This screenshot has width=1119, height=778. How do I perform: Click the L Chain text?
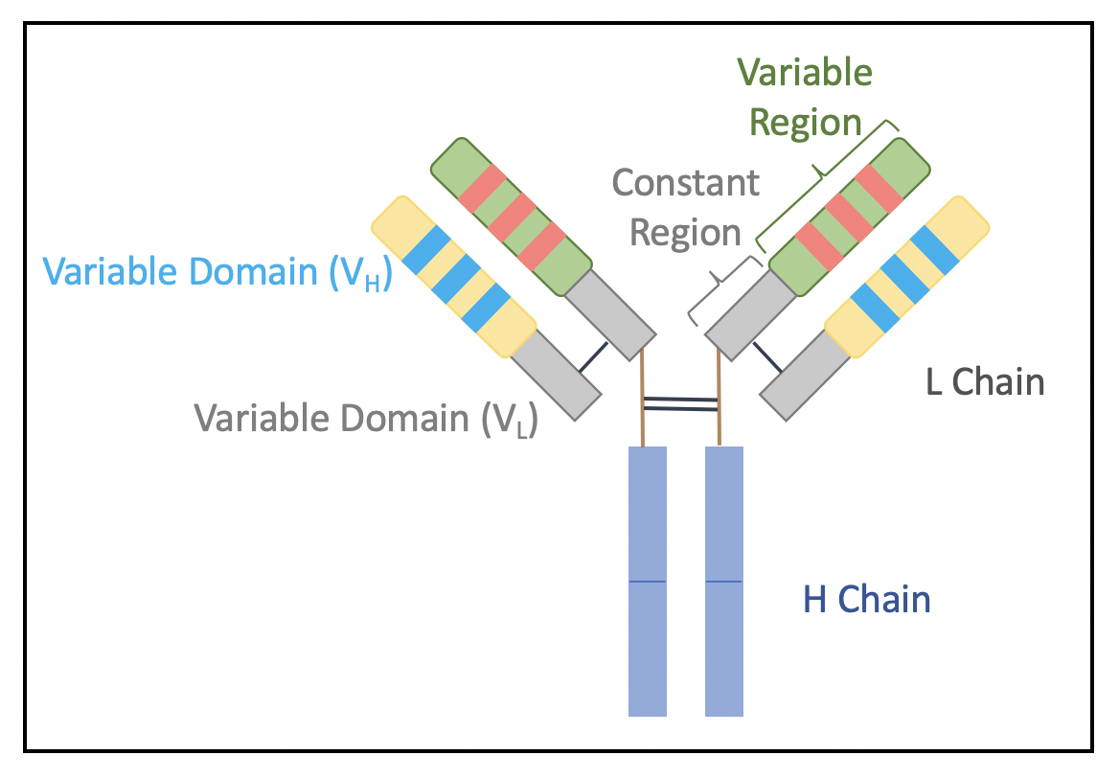[x=984, y=381]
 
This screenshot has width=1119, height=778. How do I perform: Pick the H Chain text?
[x=866, y=600]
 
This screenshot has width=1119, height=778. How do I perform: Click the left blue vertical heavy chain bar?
[x=647, y=581]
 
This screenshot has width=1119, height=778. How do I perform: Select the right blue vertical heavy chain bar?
[x=723, y=581]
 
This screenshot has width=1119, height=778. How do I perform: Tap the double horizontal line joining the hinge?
[x=681, y=403]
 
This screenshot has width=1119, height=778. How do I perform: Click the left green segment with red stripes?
[x=510, y=217]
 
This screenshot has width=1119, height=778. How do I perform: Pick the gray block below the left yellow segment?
[x=556, y=374]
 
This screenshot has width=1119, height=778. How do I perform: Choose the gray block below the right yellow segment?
[x=805, y=375]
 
